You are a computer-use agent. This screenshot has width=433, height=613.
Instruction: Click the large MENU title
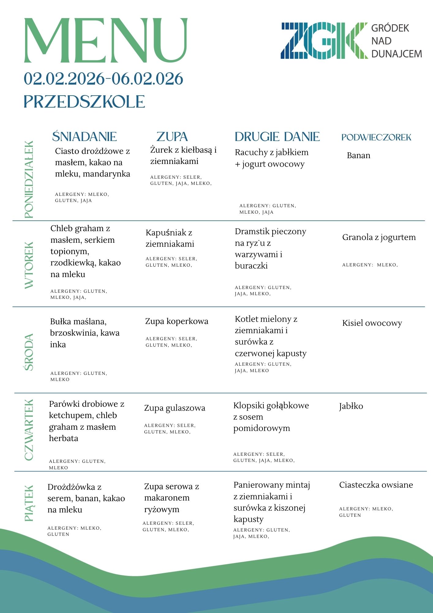coord(106,40)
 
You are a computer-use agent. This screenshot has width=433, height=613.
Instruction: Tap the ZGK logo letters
coord(324,41)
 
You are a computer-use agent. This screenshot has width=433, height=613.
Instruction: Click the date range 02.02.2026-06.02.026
coord(104,79)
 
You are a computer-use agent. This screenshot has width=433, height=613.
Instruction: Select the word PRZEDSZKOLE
coord(84,102)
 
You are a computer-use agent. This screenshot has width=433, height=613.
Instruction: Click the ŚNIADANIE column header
coord(85,137)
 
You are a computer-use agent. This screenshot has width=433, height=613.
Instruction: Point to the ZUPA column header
coord(172,137)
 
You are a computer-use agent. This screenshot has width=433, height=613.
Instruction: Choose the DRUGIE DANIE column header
coord(277,137)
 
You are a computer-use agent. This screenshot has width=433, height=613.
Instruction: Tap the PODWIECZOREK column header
coord(376,137)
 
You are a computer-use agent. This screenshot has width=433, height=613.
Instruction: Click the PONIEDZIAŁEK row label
coord(29,180)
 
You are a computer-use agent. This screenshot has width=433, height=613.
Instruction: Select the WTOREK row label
coord(29,265)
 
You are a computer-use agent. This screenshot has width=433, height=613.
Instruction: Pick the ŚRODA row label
coord(29,352)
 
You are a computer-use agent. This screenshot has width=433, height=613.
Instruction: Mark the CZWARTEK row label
coord(29,430)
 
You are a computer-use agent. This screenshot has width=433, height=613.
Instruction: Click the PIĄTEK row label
coord(29,503)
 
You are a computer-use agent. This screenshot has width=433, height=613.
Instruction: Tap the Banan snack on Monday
coord(359,155)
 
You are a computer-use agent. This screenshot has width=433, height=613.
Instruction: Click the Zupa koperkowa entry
coord(177,321)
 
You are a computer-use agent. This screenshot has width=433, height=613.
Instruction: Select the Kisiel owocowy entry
coord(372,323)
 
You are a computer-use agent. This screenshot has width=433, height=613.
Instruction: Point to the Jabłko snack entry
coord(351,406)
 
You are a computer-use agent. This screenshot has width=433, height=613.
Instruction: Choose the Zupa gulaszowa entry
coord(175,408)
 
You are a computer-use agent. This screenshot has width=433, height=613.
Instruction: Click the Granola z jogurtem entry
coord(379,237)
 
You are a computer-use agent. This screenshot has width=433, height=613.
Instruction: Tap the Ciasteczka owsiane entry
coord(376,485)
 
